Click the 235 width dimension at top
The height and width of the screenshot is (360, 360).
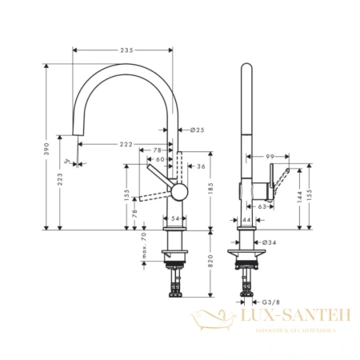click(x=126, y=50)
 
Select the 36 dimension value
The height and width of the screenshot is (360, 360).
click(x=201, y=166)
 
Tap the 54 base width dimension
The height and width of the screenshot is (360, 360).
click(x=176, y=218)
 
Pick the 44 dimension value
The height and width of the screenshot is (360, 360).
click(x=246, y=219)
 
